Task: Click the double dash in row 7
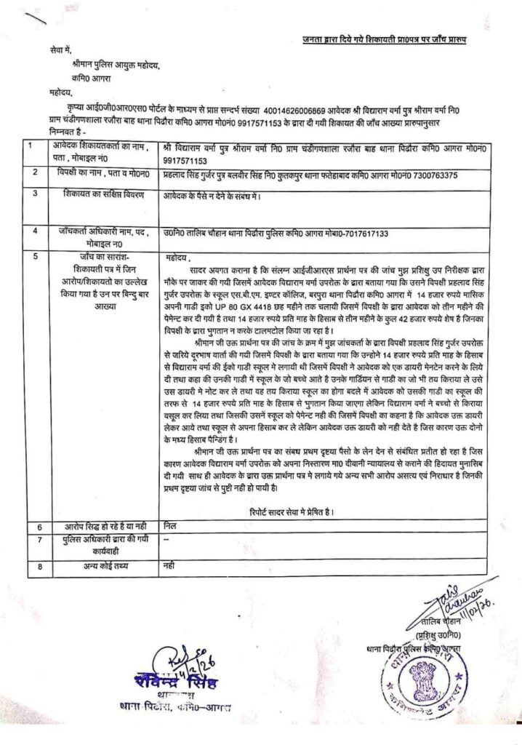pyautogui.click(x=167, y=541)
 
